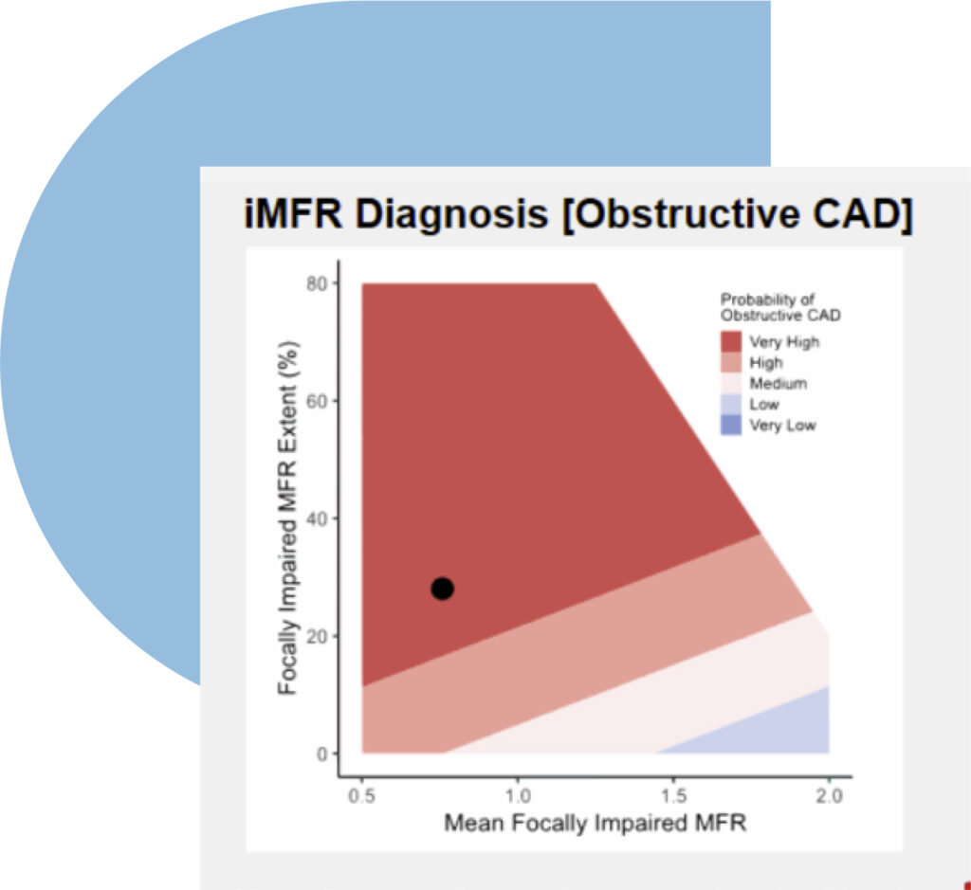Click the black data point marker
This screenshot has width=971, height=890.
coord(442,589)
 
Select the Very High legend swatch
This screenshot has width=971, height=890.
coord(732,341)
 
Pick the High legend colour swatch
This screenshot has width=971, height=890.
coord(732,363)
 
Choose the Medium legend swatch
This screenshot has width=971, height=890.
coord(732,384)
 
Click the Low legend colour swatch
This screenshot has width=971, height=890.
coord(732,405)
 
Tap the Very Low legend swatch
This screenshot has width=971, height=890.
coord(732,426)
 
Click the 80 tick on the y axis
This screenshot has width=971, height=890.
coord(317,283)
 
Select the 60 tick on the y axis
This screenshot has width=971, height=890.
coord(317,401)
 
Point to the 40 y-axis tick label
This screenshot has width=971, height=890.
coord(317,518)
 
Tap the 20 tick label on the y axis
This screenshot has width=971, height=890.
coord(317,636)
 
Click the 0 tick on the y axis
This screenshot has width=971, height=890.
coord(321,754)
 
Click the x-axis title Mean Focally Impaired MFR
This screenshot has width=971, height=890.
coord(595,823)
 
